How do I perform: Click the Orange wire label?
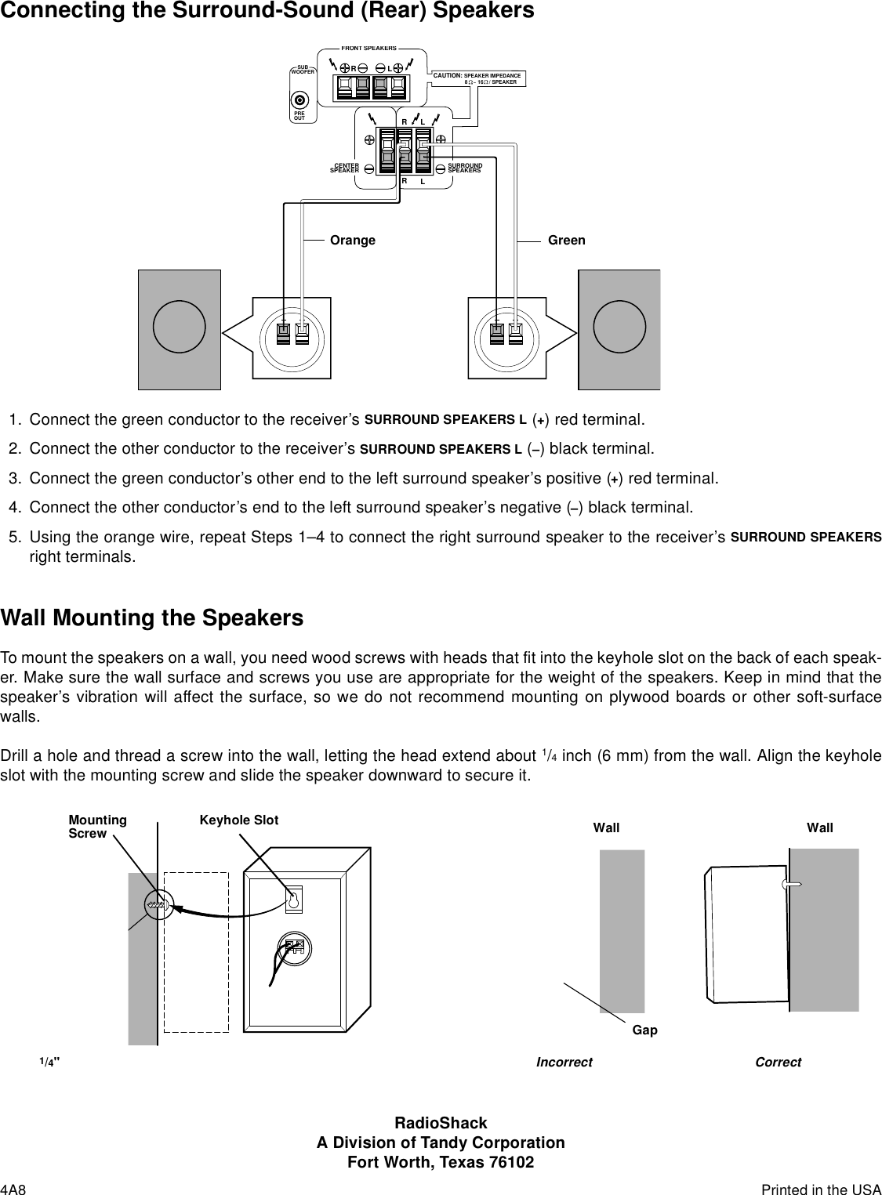[x=353, y=241]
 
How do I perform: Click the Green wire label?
[x=566, y=241]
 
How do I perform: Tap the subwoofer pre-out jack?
[x=299, y=100]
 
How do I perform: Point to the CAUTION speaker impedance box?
[x=479, y=78]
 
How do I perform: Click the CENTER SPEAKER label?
[x=345, y=168]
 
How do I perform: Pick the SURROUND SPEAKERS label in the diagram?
[x=464, y=168]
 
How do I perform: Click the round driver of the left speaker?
[x=179, y=328]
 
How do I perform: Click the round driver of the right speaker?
[x=619, y=328]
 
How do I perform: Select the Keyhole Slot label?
[x=238, y=820]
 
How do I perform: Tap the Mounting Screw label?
[x=97, y=827]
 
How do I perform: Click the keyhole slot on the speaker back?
[x=294, y=900]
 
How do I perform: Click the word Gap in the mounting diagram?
[x=644, y=1030]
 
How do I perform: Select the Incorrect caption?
[x=564, y=1063]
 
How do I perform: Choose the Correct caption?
[x=778, y=1063]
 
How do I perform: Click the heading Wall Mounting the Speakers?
[x=152, y=618]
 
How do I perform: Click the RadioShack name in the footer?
[x=440, y=1124]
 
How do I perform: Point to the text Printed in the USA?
[x=821, y=1190]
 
